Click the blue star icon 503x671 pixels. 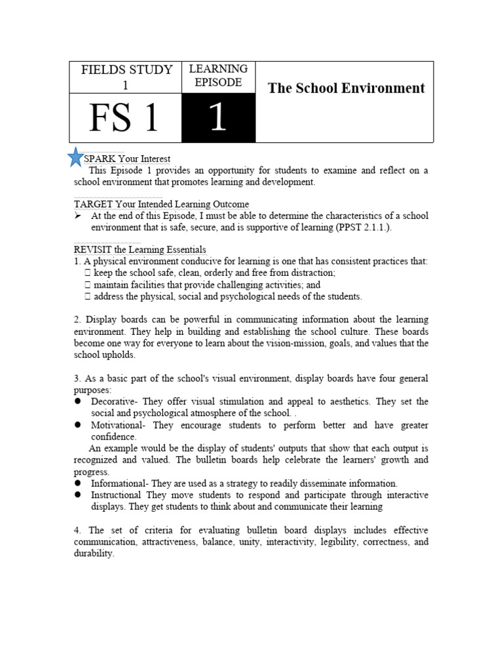(x=77, y=157)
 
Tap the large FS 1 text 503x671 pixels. (x=124, y=118)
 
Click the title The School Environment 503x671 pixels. (x=346, y=88)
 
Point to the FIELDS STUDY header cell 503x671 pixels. (x=126, y=77)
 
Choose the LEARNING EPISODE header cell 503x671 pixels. (x=217, y=76)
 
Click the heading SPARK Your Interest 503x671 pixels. (x=127, y=159)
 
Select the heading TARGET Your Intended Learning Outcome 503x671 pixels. (x=161, y=204)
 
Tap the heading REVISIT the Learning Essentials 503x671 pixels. (x=140, y=250)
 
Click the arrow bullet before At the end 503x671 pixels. (x=78, y=216)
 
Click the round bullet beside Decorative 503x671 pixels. (x=77, y=401)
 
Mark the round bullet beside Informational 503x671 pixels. (x=77, y=484)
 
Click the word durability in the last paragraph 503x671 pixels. (x=94, y=553)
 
